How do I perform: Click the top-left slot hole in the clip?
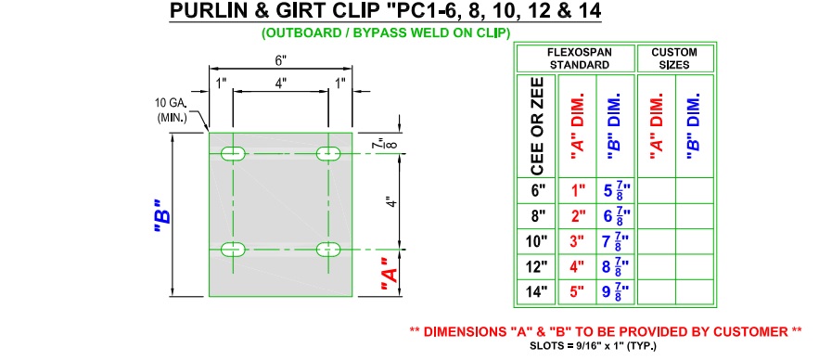(x=233, y=154)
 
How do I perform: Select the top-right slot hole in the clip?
(x=328, y=154)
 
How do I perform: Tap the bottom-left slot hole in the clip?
(x=233, y=250)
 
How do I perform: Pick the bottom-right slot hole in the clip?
(x=328, y=250)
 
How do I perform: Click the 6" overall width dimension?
(x=281, y=60)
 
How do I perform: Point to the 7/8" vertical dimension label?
(x=390, y=144)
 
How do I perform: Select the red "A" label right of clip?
(x=390, y=276)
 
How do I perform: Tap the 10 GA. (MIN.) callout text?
(x=172, y=109)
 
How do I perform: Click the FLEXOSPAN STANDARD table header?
(x=580, y=58)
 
